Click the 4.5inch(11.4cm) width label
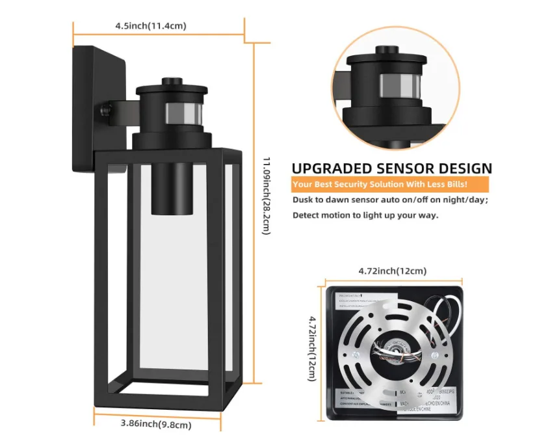click(150, 26)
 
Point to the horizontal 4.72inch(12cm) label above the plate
click(393, 271)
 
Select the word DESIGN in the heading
click(462, 168)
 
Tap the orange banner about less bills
click(389, 185)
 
